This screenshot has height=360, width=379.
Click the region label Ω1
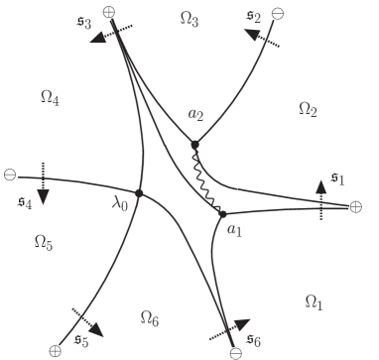coord(313,300)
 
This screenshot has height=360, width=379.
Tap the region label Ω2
coord(307,108)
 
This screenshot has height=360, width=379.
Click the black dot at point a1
coord(222,213)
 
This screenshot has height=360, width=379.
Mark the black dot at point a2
coord(195,146)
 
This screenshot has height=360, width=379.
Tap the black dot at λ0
coord(139,192)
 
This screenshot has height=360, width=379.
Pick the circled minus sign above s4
coord(10,176)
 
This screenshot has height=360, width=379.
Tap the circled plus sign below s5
coord(56,350)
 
